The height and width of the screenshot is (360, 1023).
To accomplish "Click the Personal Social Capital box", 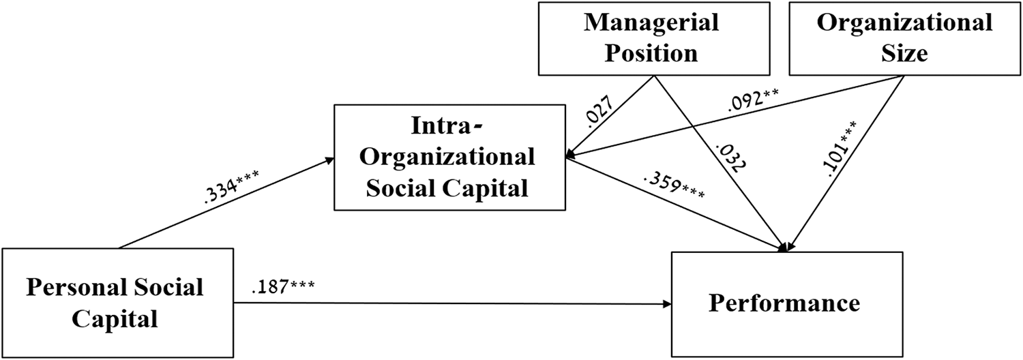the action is pyautogui.click(x=118, y=303).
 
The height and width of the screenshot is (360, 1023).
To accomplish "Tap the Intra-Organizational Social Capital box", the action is pyautogui.click(x=449, y=157).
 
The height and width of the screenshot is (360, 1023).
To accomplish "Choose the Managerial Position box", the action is pyautogui.click(x=654, y=38).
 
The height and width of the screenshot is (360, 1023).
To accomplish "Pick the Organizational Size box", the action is pyautogui.click(x=905, y=38).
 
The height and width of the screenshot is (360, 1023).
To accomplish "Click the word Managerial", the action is pyautogui.click(x=652, y=23).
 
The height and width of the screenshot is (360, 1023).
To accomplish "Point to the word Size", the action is pyautogui.click(x=904, y=53).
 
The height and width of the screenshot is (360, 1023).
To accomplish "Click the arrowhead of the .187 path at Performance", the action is pyautogui.click(x=667, y=303).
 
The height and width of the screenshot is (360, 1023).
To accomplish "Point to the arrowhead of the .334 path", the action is pyautogui.click(x=329, y=160).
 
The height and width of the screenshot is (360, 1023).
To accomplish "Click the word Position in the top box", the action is pyautogui.click(x=651, y=53).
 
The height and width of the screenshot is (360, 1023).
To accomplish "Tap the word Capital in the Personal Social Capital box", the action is pyautogui.click(x=115, y=318).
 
